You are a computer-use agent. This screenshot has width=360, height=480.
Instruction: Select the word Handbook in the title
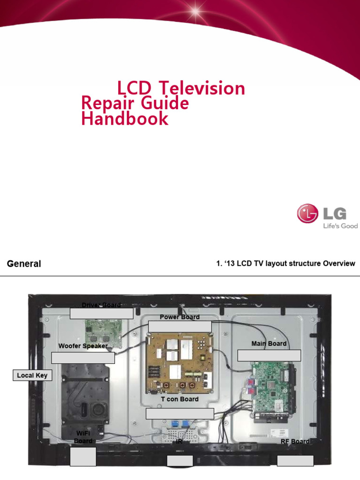[125, 119]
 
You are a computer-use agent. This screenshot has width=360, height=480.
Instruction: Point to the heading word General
[24, 264]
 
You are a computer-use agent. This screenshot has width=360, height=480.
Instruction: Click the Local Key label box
[32, 375]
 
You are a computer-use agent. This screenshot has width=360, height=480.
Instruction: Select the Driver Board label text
[101, 305]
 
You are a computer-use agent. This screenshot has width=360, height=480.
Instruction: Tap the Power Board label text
[180, 317]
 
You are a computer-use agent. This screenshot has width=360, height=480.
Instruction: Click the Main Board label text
[269, 344]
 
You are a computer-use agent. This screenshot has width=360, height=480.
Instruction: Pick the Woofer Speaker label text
[83, 346]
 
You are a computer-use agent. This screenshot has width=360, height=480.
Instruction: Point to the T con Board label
[180, 399]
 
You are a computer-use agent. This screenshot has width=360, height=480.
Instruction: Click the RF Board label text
[295, 442]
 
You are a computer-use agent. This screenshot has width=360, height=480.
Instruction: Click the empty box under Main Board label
[269, 355]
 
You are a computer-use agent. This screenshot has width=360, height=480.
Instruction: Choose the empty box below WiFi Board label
[83, 457]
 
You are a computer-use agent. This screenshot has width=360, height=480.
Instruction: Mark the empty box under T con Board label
[180, 413]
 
